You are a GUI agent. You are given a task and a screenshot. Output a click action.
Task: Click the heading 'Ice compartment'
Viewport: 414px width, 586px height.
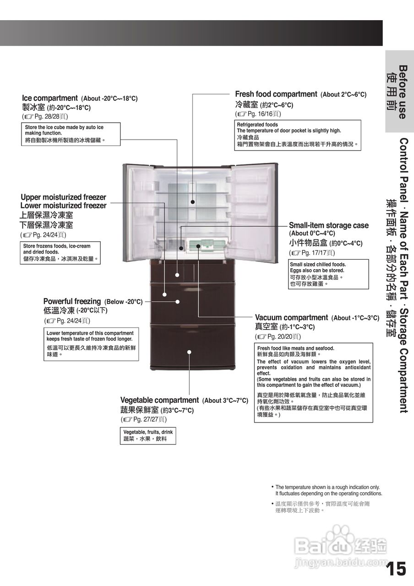pos(50,98)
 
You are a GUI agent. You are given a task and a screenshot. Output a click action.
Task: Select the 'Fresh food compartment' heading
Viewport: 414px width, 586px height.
pos(276,94)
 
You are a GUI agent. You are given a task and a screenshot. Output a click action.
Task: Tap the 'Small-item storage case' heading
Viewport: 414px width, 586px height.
pos(328,225)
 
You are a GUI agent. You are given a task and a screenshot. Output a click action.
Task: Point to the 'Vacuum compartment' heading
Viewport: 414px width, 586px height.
pos(291,318)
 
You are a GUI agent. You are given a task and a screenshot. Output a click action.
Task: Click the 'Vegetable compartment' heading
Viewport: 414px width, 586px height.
pos(159,400)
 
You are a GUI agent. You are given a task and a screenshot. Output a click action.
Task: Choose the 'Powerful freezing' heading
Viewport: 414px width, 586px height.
pos(72,301)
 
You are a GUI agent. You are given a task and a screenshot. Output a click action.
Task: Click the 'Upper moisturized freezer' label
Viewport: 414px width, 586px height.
pos(63,197)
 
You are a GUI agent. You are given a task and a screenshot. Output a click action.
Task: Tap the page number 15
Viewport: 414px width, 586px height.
pos(396,569)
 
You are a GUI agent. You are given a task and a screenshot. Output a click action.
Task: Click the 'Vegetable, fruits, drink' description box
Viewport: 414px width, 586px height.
pos(148,435)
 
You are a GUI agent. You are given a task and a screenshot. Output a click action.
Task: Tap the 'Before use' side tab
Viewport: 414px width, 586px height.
pos(399,92)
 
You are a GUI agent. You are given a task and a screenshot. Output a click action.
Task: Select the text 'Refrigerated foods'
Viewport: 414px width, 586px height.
pos(257,125)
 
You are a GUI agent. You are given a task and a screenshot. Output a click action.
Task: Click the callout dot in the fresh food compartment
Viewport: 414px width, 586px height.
pos(193,201)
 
